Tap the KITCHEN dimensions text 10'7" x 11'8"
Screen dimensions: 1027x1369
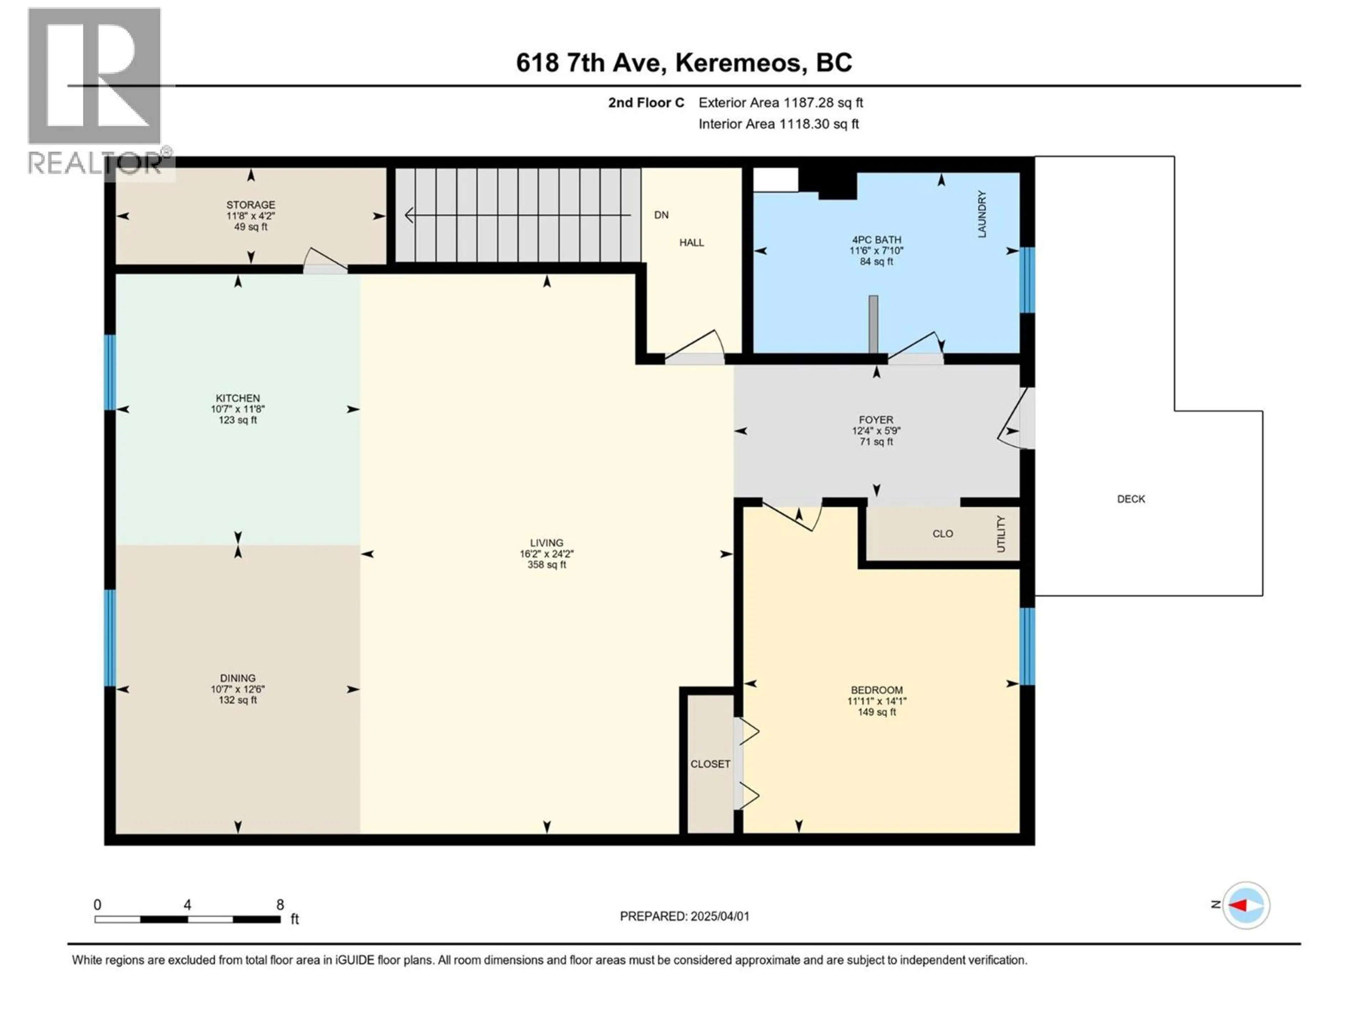[238, 409]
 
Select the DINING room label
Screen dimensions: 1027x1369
[238, 678]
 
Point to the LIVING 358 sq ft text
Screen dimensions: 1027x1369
[547, 564]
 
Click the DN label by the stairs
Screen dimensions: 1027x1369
[661, 215]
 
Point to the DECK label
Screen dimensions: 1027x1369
[1131, 499]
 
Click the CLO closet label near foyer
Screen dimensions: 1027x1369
[943, 533]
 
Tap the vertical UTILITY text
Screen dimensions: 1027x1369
[1001, 533]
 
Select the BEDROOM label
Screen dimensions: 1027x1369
[876, 690]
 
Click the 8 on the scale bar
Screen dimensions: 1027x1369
[280, 904]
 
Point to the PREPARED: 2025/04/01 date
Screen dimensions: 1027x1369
[684, 916]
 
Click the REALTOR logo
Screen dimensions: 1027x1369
[96, 87]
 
